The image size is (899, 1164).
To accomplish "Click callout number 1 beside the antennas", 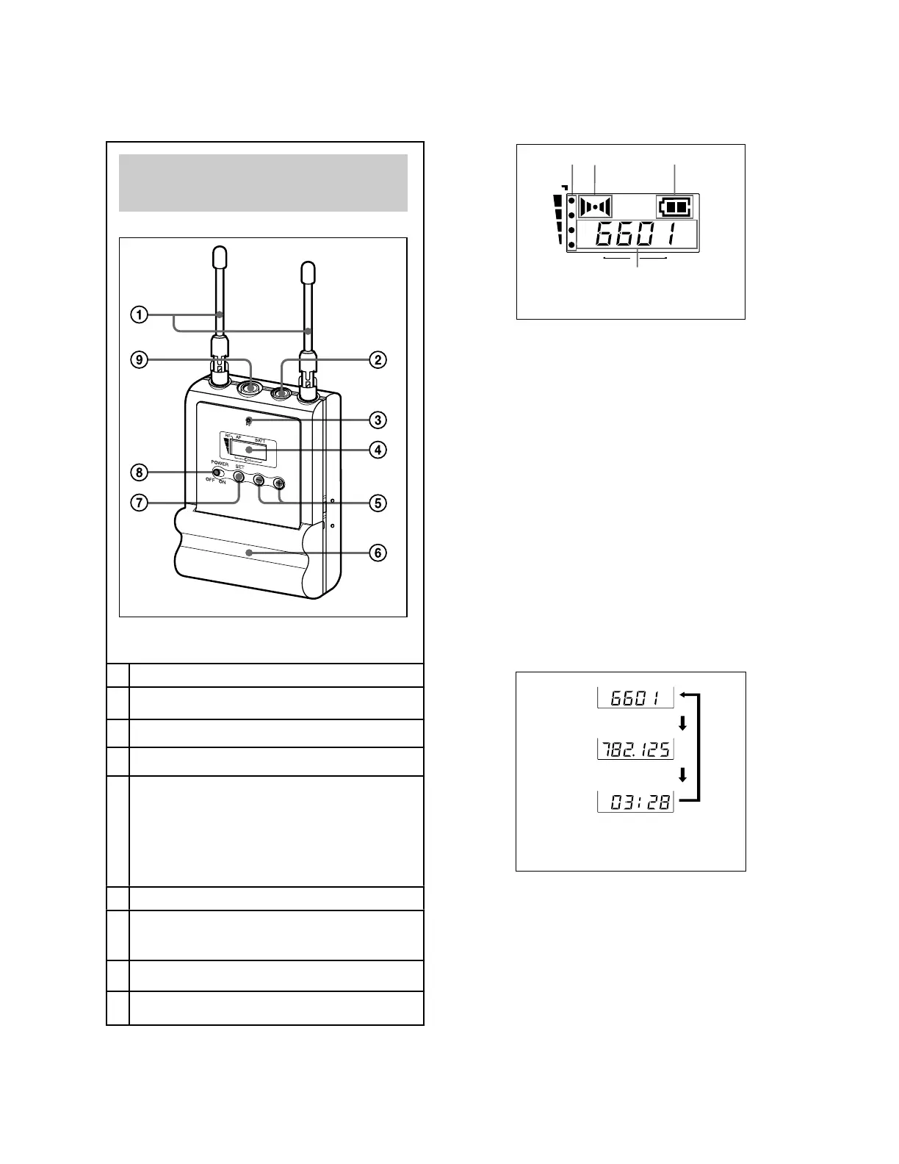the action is (x=139, y=315).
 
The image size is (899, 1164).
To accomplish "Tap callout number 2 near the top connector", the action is (x=377, y=360).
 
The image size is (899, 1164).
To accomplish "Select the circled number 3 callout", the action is (x=377, y=420).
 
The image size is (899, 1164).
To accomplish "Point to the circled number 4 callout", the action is (x=377, y=449).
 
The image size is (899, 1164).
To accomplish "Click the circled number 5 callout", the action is (x=377, y=503).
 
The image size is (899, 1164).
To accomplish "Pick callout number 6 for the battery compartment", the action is (x=377, y=552).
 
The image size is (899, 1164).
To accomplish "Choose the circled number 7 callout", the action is (x=139, y=503).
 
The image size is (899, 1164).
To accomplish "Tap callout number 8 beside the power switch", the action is (x=139, y=472).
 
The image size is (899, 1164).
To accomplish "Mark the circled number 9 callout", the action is (x=139, y=360).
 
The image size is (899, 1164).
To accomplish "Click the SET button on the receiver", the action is (x=239, y=477).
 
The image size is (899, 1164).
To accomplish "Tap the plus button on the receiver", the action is (x=279, y=483).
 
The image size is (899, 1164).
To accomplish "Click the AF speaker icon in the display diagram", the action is (x=594, y=206).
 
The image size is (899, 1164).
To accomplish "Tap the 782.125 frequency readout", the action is (x=635, y=750).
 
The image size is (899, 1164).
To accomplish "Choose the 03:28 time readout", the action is (x=635, y=801).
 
